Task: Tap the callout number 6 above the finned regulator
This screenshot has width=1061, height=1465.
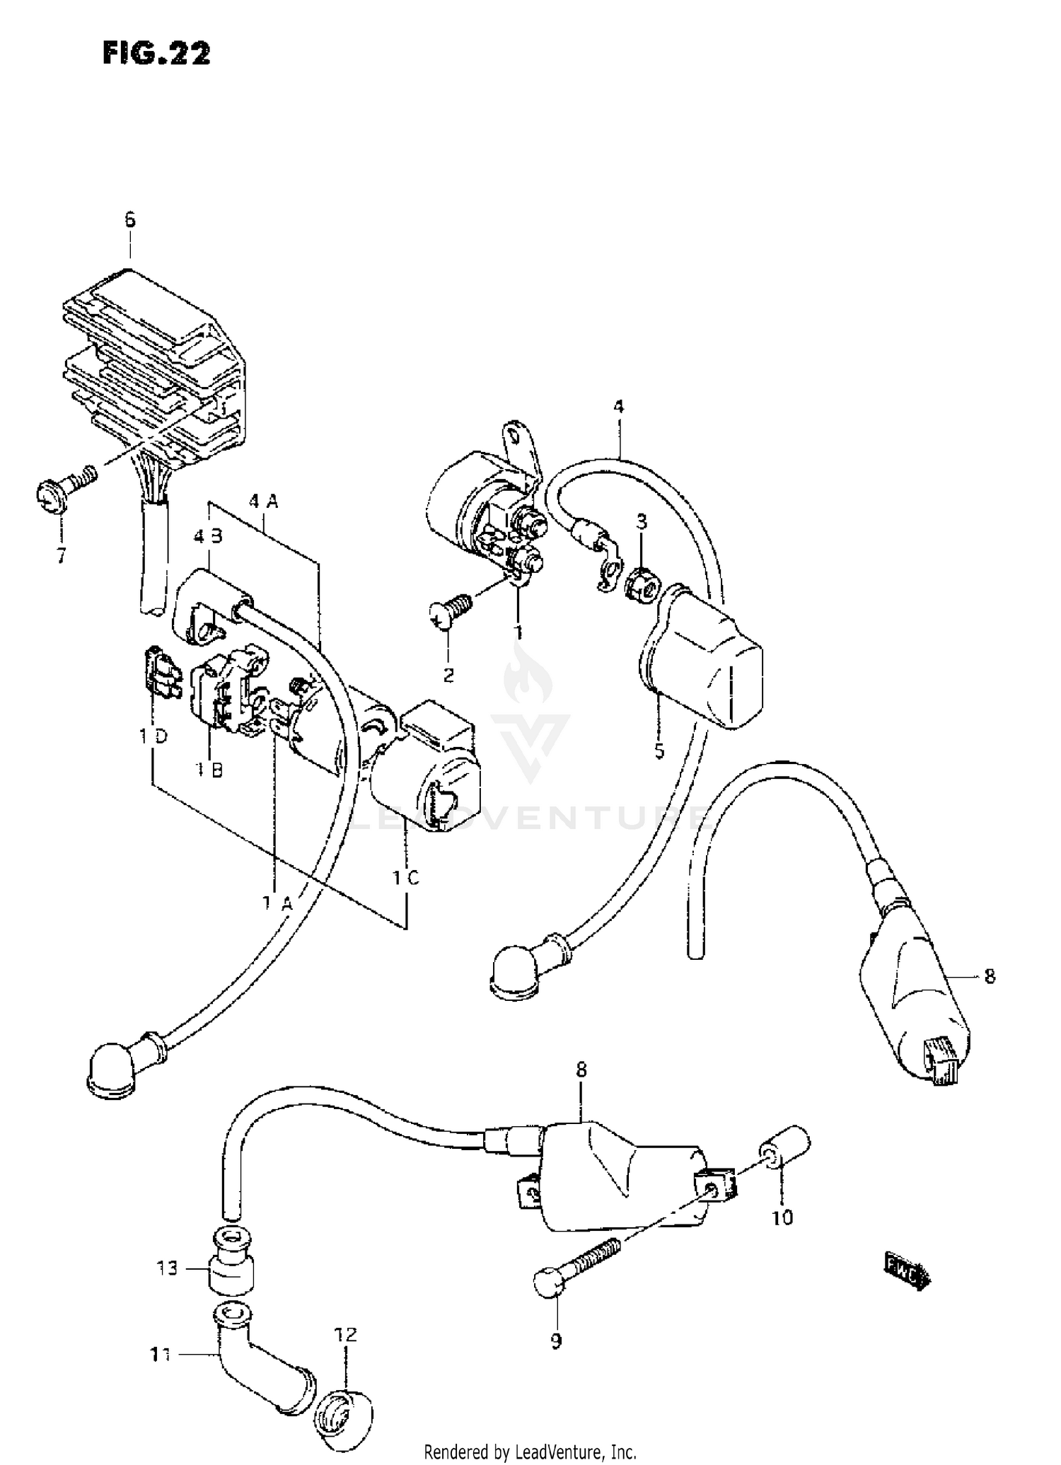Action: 130,220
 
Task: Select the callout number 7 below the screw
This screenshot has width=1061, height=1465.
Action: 62,556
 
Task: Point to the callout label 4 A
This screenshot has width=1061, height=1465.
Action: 264,502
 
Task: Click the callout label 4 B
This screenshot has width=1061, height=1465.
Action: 208,536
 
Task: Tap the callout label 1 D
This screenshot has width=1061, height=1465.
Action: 153,736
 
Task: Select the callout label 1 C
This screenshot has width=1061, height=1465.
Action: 406,878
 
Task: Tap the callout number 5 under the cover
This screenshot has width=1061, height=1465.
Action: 659,751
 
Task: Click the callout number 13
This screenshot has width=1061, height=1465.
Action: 168,1269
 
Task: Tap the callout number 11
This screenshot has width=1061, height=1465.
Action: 161,1355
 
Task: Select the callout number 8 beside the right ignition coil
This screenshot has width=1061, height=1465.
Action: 989,976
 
